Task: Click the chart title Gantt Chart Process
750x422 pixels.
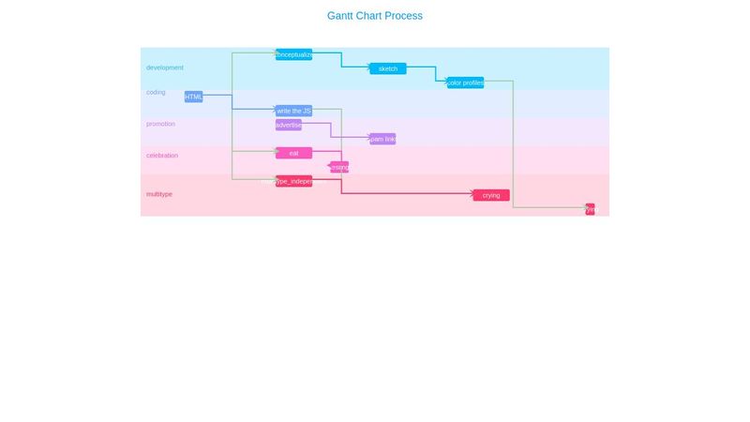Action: click(x=375, y=16)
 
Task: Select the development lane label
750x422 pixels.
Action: click(x=165, y=68)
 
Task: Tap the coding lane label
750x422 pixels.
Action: click(x=156, y=92)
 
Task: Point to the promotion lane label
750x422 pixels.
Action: click(x=160, y=124)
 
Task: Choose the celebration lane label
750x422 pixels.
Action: click(x=162, y=155)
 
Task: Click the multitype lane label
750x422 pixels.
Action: click(x=159, y=194)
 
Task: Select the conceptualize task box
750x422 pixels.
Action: click(x=293, y=54)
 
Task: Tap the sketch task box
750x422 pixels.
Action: click(x=387, y=68)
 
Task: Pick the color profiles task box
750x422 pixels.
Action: click(x=465, y=83)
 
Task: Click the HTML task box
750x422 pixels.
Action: click(x=193, y=97)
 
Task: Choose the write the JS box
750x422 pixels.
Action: click(x=293, y=111)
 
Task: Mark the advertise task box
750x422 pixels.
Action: click(x=288, y=125)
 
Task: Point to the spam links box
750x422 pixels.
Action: click(x=382, y=139)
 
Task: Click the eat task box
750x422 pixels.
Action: click(x=293, y=153)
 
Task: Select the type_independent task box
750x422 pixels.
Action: click(x=293, y=181)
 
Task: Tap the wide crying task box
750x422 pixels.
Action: click(x=490, y=195)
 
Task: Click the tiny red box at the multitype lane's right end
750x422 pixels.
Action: click(x=590, y=209)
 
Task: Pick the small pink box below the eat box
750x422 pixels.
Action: click(x=339, y=167)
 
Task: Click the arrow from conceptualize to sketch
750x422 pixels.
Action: click(x=341, y=61)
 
